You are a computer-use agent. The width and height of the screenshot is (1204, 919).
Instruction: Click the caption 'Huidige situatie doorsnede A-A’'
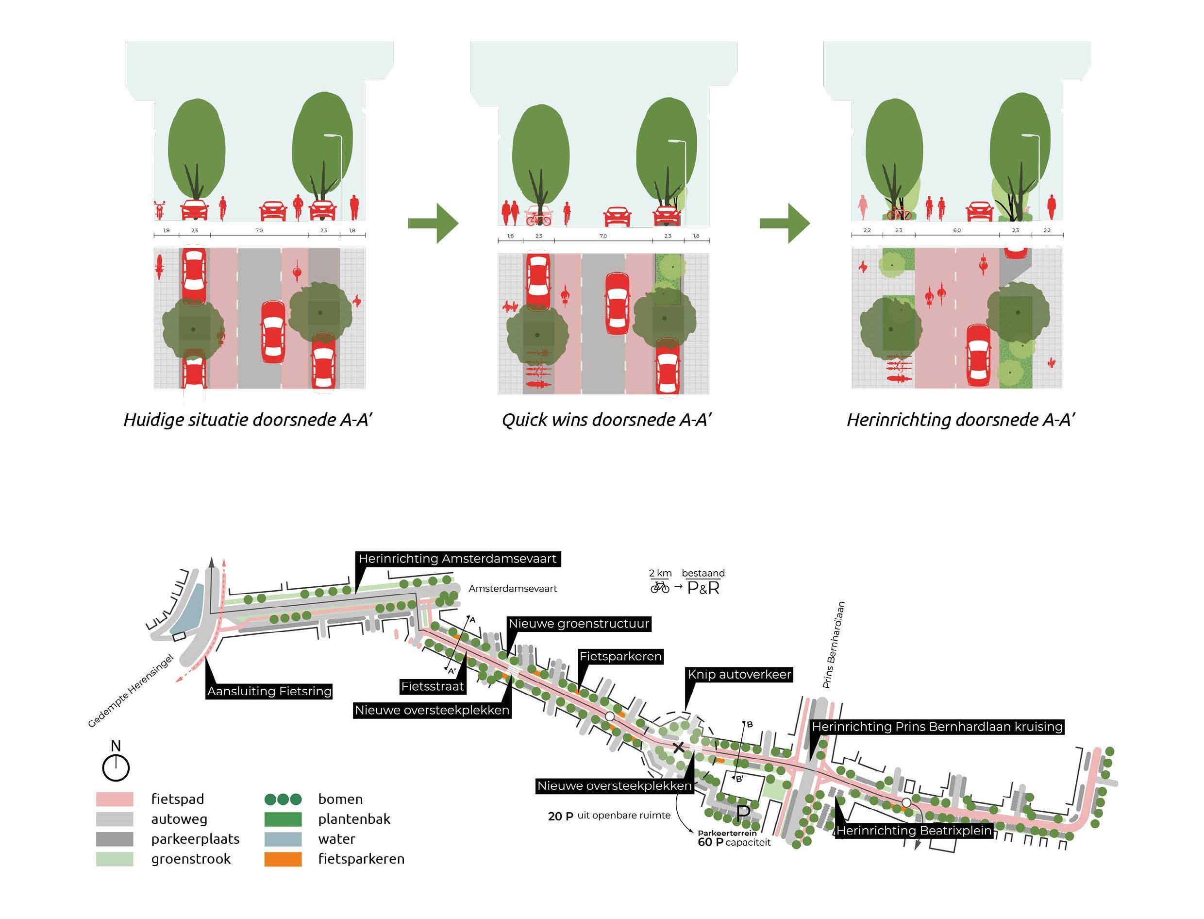pyautogui.click(x=248, y=420)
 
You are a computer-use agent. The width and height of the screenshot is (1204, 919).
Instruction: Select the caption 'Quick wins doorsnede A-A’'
pyautogui.click(x=606, y=420)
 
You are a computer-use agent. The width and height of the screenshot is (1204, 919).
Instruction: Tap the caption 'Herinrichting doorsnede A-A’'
pyautogui.click(x=961, y=420)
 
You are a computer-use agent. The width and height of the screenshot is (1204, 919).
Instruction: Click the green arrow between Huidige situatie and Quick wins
pyautogui.click(x=434, y=223)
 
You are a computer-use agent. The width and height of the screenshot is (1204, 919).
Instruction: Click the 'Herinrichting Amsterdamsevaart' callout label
pyautogui.click(x=458, y=559)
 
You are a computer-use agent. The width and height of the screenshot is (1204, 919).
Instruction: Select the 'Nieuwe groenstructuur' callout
pyautogui.click(x=579, y=624)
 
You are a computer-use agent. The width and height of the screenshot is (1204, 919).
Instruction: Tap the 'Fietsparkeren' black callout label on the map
pyautogui.click(x=620, y=656)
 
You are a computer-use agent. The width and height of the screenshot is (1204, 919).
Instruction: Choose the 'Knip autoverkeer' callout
pyautogui.click(x=739, y=675)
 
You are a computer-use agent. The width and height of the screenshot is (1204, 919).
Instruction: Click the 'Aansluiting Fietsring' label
pyautogui.click(x=269, y=691)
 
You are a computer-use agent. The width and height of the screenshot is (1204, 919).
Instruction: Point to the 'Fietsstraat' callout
pyautogui.click(x=433, y=686)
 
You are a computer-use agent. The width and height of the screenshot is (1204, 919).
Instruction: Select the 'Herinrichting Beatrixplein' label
pyautogui.click(x=914, y=831)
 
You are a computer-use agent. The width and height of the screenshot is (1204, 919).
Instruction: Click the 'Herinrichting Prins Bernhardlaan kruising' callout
pyautogui.click(x=937, y=727)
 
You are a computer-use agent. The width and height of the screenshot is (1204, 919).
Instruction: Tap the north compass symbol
pyautogui.click(x=116, y=767)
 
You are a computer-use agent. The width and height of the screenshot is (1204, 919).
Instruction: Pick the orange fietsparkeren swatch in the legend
pyautogui.click(x=283, y=859)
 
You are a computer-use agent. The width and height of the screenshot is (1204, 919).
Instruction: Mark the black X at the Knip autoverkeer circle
pyautogui.click(x=678, y=747)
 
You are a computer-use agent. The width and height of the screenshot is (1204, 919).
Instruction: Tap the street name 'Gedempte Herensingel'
pyautogui.click(x=131, y=691)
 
